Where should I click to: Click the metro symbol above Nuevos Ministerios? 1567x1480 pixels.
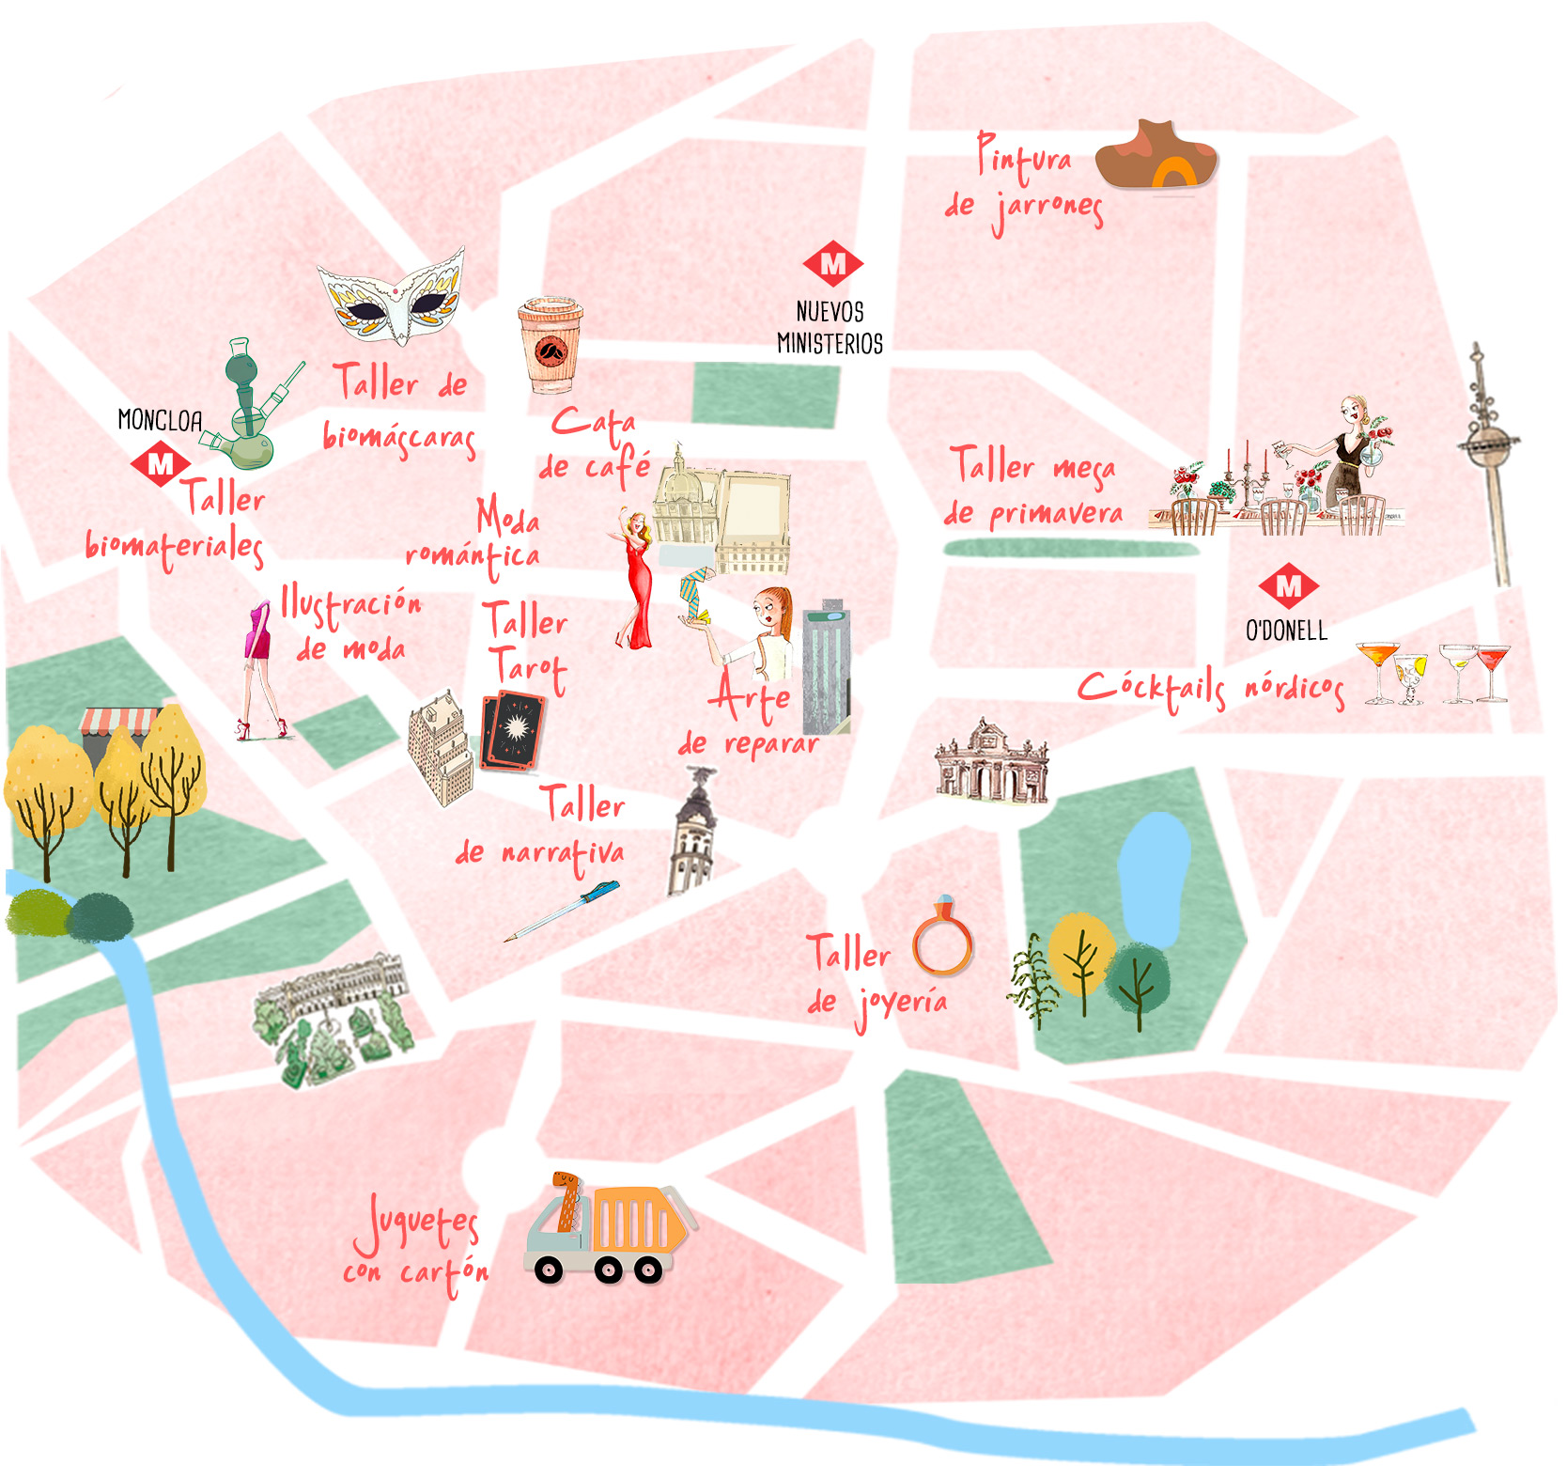tap(832, 264)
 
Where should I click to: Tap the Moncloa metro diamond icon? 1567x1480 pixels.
tap(161, 464)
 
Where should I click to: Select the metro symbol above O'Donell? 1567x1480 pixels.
tap(1289, 585)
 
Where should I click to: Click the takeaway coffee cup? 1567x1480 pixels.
tap(550, 345)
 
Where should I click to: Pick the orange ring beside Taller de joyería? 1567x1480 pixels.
tap(942, 942)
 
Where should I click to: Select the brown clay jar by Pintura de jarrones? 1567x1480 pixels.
tap(1156, 156)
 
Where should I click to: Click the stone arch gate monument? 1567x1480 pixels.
tap(991, 763)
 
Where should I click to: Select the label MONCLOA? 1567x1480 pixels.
tap(160, 420)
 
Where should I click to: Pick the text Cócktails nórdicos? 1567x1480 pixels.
tap(1211, 689)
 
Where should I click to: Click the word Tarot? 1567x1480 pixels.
tap(529, 668)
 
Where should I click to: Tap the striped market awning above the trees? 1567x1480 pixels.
tap(119, 722)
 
